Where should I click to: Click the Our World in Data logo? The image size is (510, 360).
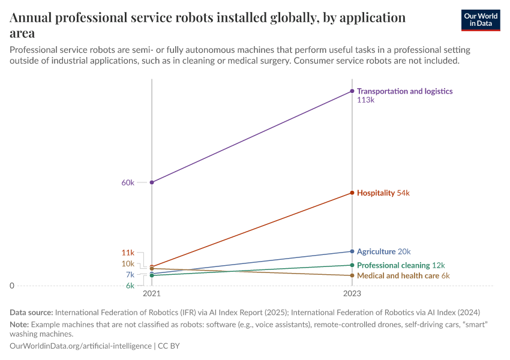pos(480,20)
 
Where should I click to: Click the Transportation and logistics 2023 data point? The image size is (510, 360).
pos(352,91)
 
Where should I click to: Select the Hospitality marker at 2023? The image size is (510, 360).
pos(352,193)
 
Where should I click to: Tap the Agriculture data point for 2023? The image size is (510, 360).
pos(352,251)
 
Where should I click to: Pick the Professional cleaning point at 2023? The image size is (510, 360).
pos(352,265)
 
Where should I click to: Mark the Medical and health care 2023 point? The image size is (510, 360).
pos(352,275)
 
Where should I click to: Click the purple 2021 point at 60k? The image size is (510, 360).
pos(152,182)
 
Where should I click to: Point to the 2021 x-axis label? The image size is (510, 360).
pos(152,294)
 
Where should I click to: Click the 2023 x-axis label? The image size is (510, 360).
pos(352,294)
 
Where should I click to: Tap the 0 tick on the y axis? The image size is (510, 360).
pos(11,286)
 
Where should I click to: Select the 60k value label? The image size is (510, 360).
pos(128,182)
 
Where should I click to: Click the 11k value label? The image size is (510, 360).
pos(128,253)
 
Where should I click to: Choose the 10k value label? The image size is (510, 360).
pos(128,263)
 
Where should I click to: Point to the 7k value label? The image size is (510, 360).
pos(130,275)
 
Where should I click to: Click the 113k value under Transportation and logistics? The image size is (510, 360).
pos(365,100)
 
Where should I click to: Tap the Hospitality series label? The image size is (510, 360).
pos(376,193)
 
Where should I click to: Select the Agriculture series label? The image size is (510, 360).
pos(376,251)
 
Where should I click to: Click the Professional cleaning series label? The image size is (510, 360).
pos(393,265)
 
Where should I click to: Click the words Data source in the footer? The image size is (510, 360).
pos(31,312)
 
